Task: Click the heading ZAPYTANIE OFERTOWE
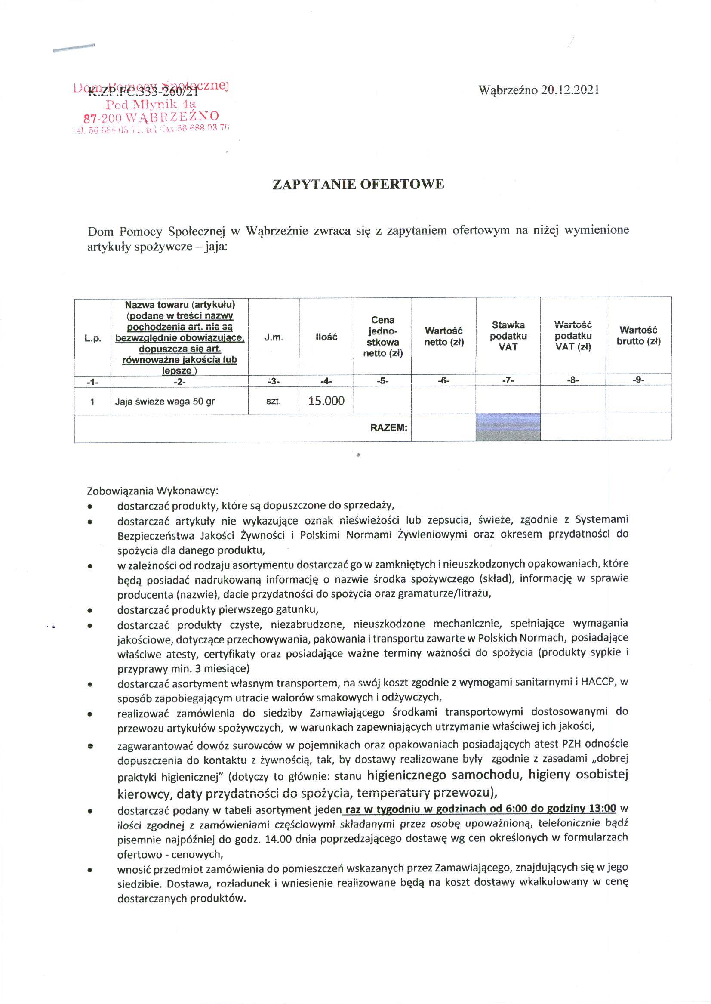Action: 358,185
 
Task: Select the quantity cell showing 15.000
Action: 326,400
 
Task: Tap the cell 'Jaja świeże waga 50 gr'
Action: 165,401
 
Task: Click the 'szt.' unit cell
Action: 273,401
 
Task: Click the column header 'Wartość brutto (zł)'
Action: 638,336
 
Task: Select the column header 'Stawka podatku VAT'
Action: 508,336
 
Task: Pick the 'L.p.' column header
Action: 92,338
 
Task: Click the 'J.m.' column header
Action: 274,337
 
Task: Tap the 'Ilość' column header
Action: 326,337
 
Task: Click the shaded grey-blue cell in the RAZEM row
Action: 508,426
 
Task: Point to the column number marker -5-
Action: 382,381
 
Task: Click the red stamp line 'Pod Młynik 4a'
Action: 151,104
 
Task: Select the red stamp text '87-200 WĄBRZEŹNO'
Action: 151,117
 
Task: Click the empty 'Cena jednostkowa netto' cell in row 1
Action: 382,400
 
